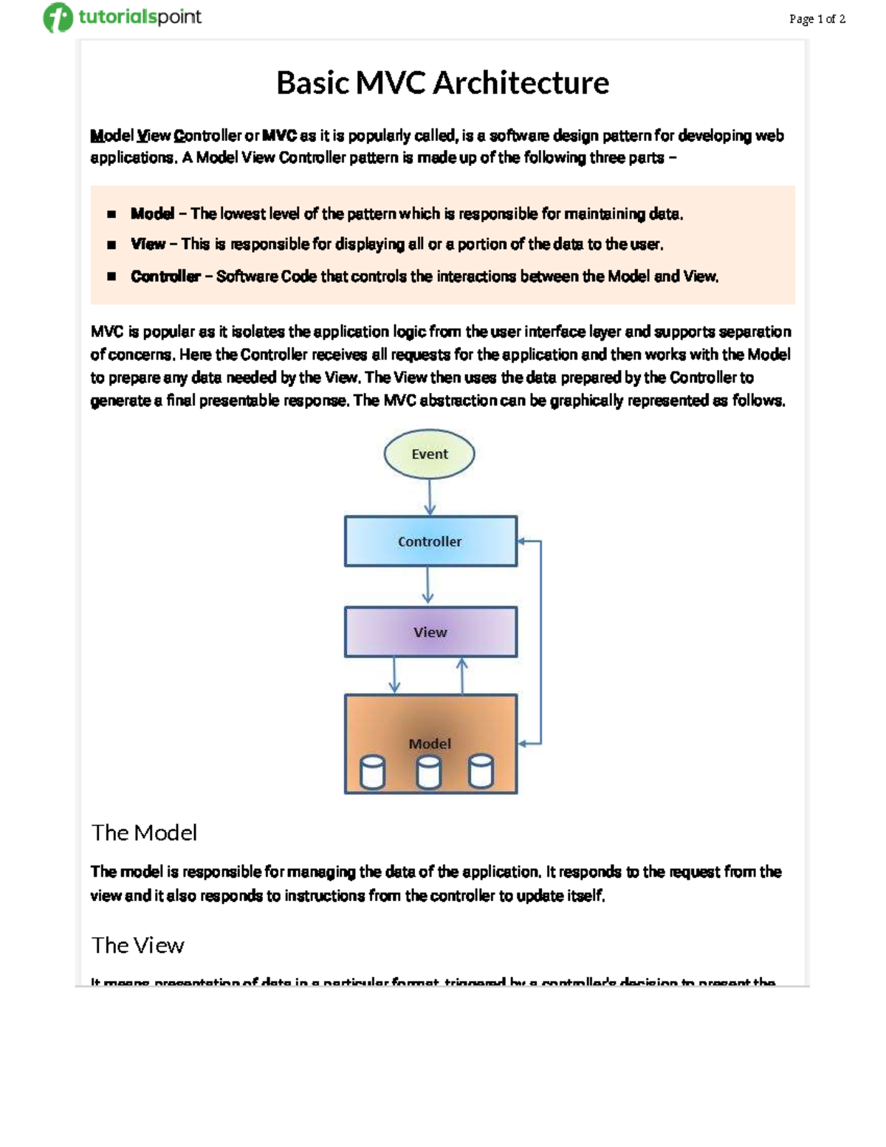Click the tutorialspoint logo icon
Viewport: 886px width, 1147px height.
(x=58, y=18)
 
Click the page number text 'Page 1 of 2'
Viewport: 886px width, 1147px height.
(x=817, y=19)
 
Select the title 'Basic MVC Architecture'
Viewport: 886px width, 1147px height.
(x=442, y=83)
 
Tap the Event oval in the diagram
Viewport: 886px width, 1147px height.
(x=429, y=454)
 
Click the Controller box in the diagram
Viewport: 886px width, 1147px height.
(x=430, y=541)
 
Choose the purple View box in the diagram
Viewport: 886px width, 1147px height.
(x=430, y=632)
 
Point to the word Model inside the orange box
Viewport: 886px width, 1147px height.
(x=430, y=744)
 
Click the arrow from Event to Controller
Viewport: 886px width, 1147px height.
(x=430, y=496)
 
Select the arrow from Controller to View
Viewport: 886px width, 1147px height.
(x=427, y=586)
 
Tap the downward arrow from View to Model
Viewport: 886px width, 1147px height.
(x=394, y=675)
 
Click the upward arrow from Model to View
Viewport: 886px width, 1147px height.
(x=462, y=675)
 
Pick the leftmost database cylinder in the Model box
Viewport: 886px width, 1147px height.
(x=372, y=773)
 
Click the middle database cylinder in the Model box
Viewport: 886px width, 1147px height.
(x=429, y=773)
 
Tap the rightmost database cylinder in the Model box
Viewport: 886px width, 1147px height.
(x=481, y=773)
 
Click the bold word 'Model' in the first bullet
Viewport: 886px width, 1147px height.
(x=152, y=214)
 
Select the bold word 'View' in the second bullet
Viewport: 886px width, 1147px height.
(x=148, y=244)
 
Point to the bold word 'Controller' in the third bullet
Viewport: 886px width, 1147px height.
(x=165, y=276)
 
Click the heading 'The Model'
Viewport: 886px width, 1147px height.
(x=144, y=833)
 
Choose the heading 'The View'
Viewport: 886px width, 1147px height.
(x=137, y=945)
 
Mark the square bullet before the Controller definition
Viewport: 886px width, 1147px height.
(x=111, y=276)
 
